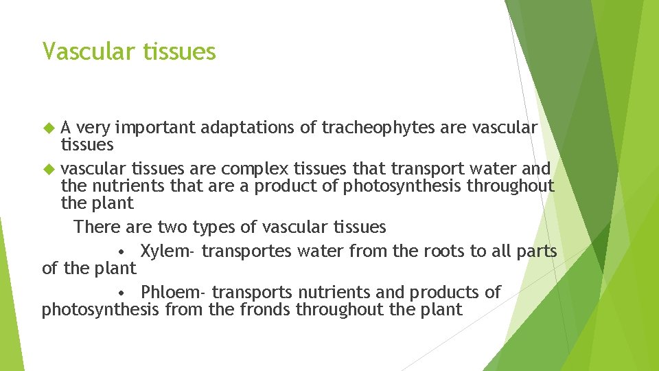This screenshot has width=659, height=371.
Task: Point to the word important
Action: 155,127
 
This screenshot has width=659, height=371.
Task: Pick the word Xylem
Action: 167,251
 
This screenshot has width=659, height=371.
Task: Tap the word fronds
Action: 265,310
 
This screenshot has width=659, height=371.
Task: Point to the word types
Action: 208,227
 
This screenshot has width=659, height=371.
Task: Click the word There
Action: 97,227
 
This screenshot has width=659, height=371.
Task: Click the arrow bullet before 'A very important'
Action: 48,127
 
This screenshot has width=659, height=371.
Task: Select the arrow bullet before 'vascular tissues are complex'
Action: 48,168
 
